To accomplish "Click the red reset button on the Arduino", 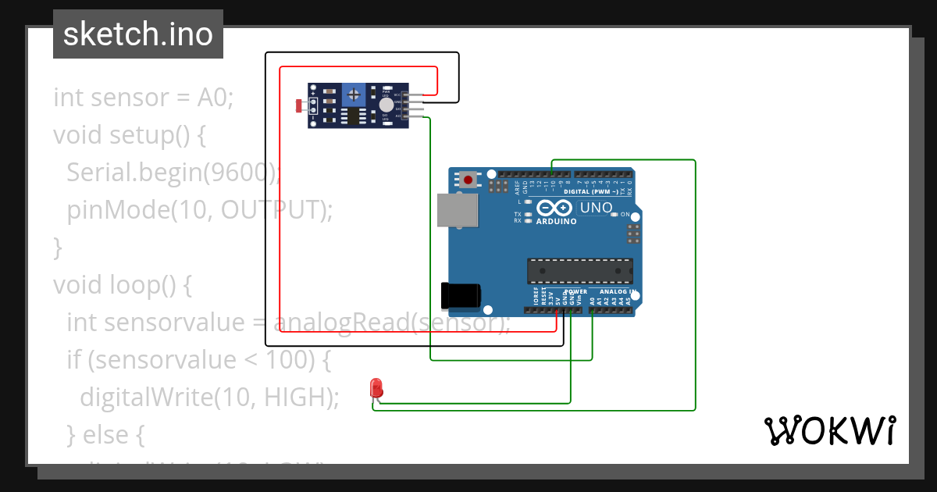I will tap(468, 180).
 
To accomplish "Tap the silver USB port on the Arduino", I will tap(457, 211).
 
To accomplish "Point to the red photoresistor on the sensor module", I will tap(301, 105).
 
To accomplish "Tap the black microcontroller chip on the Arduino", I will tap(580, 270).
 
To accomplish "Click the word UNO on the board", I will tap(595, 209).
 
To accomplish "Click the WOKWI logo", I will tap(829, 430).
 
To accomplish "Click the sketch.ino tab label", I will tap(137, 34).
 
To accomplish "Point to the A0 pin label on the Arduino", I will tap(592, 299).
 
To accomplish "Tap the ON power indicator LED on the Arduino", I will tap(615, 214).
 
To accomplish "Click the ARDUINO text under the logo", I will tap(556, 222).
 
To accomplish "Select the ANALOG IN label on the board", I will tap(618, 292).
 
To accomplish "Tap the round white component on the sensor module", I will tap(386, 105).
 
